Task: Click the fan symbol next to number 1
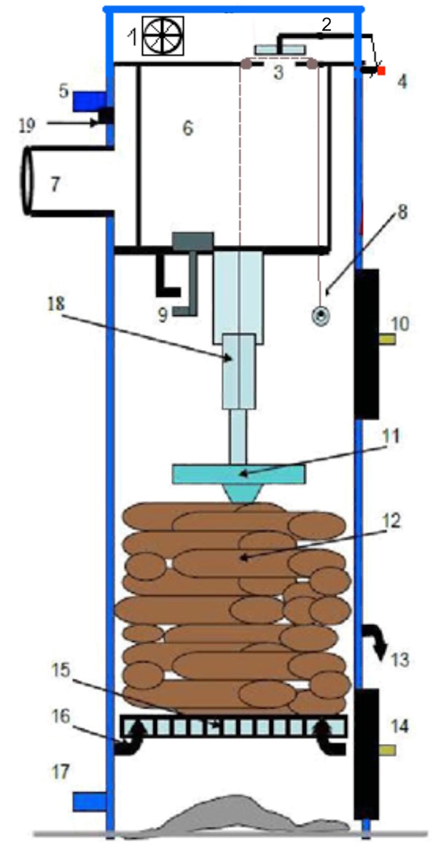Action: (x=163, y=36)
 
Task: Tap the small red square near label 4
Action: (x=381, y=71)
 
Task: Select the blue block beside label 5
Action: (x=90, y=100)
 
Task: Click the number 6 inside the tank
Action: (x=187, y=129)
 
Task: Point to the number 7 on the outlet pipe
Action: (x=55, y=185)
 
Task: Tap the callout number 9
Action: (x=162, y=315)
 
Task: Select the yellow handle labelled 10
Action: (x=387, y=339)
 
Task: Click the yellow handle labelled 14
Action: (x=387, y=750)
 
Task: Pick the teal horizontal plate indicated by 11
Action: (x=238, y=474)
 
